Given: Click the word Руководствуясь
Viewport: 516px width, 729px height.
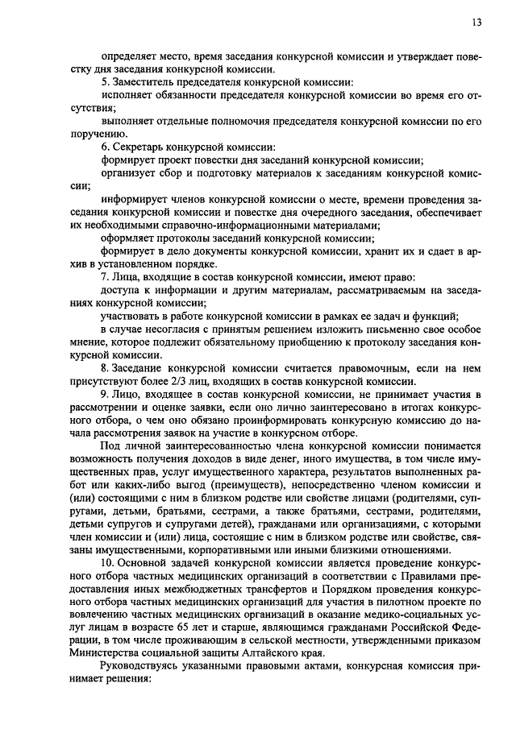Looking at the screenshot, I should click(140, 666).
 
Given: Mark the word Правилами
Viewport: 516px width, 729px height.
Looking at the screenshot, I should click(447, 575).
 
